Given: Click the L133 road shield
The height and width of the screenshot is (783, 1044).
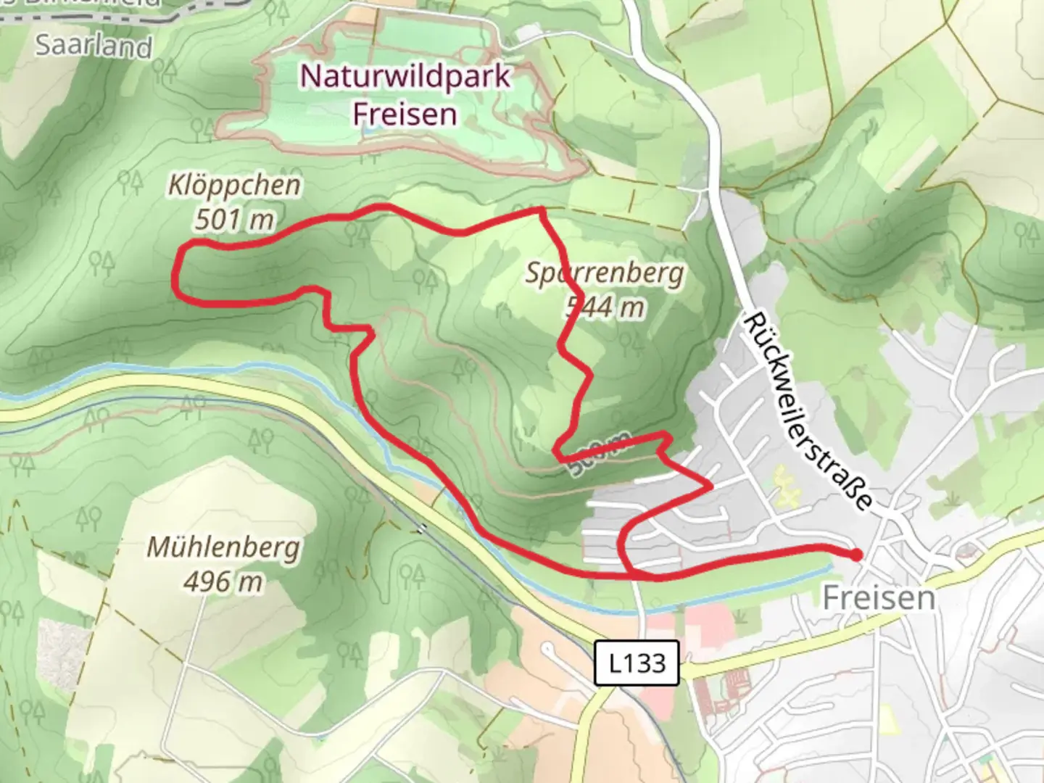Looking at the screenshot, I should click(637, 663).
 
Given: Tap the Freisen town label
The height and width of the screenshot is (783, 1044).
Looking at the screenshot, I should click(879, 598).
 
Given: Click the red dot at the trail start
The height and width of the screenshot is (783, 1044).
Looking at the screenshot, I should click(855, 555).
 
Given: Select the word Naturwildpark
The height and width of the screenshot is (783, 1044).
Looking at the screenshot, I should click(405, 76).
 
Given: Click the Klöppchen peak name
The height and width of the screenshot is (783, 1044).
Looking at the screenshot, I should click(234, 185).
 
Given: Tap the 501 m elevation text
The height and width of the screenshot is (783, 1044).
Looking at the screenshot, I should click(234, 218).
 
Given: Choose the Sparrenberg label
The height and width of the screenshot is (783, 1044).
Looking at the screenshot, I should click(604, 273).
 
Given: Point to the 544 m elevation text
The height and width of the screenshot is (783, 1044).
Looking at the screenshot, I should click(605, 307).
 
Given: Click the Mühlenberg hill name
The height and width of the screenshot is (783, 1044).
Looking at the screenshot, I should click(223, 547).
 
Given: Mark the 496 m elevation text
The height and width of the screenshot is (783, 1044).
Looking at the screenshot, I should click(223, 581).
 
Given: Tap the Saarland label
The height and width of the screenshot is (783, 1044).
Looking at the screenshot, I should click(94, 46).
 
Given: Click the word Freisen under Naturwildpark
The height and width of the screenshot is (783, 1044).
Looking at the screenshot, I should click(405, 114).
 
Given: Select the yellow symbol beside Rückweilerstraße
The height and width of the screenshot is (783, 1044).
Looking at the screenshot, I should click(785, 486).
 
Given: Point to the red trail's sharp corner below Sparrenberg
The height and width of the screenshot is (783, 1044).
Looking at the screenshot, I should click(557, 452).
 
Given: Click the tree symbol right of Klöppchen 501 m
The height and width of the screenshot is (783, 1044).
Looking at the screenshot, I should click(355, 233).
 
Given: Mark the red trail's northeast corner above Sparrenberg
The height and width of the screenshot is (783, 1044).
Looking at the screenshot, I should click(541, 211).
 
